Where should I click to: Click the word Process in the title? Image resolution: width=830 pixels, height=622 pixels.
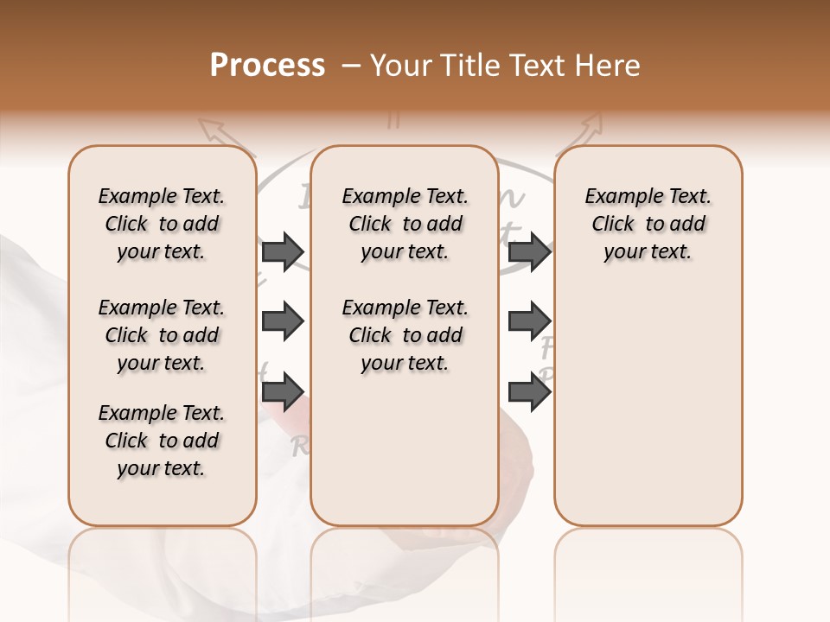click(x=266, y=66)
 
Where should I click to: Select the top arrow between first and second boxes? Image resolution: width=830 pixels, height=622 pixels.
click(x=283, y=251)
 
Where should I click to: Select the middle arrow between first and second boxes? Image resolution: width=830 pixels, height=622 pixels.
click(x=283, y=322)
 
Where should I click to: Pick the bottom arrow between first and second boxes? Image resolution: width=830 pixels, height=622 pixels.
click(x=283, y=392)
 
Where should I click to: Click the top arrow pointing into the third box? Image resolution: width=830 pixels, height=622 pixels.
click(x=529, y=251)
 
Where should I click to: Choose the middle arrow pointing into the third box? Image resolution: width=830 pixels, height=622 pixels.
click(x=529, y=322)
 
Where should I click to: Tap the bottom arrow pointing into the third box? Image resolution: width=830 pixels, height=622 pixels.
click(x=529, y=392)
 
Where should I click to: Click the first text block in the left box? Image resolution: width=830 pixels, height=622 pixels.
click(x=161, y=224)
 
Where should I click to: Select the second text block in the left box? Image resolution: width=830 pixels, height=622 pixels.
click(x=161, y=335)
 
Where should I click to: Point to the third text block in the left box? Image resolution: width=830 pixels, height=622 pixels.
click(x=161, y=441)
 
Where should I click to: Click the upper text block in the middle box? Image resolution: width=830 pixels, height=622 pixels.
click(x=405, y=224)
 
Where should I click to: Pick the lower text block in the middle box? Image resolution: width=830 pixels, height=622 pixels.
click(x=405, y=335)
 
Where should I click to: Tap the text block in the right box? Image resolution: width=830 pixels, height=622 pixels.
click(x=648, y=224)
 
